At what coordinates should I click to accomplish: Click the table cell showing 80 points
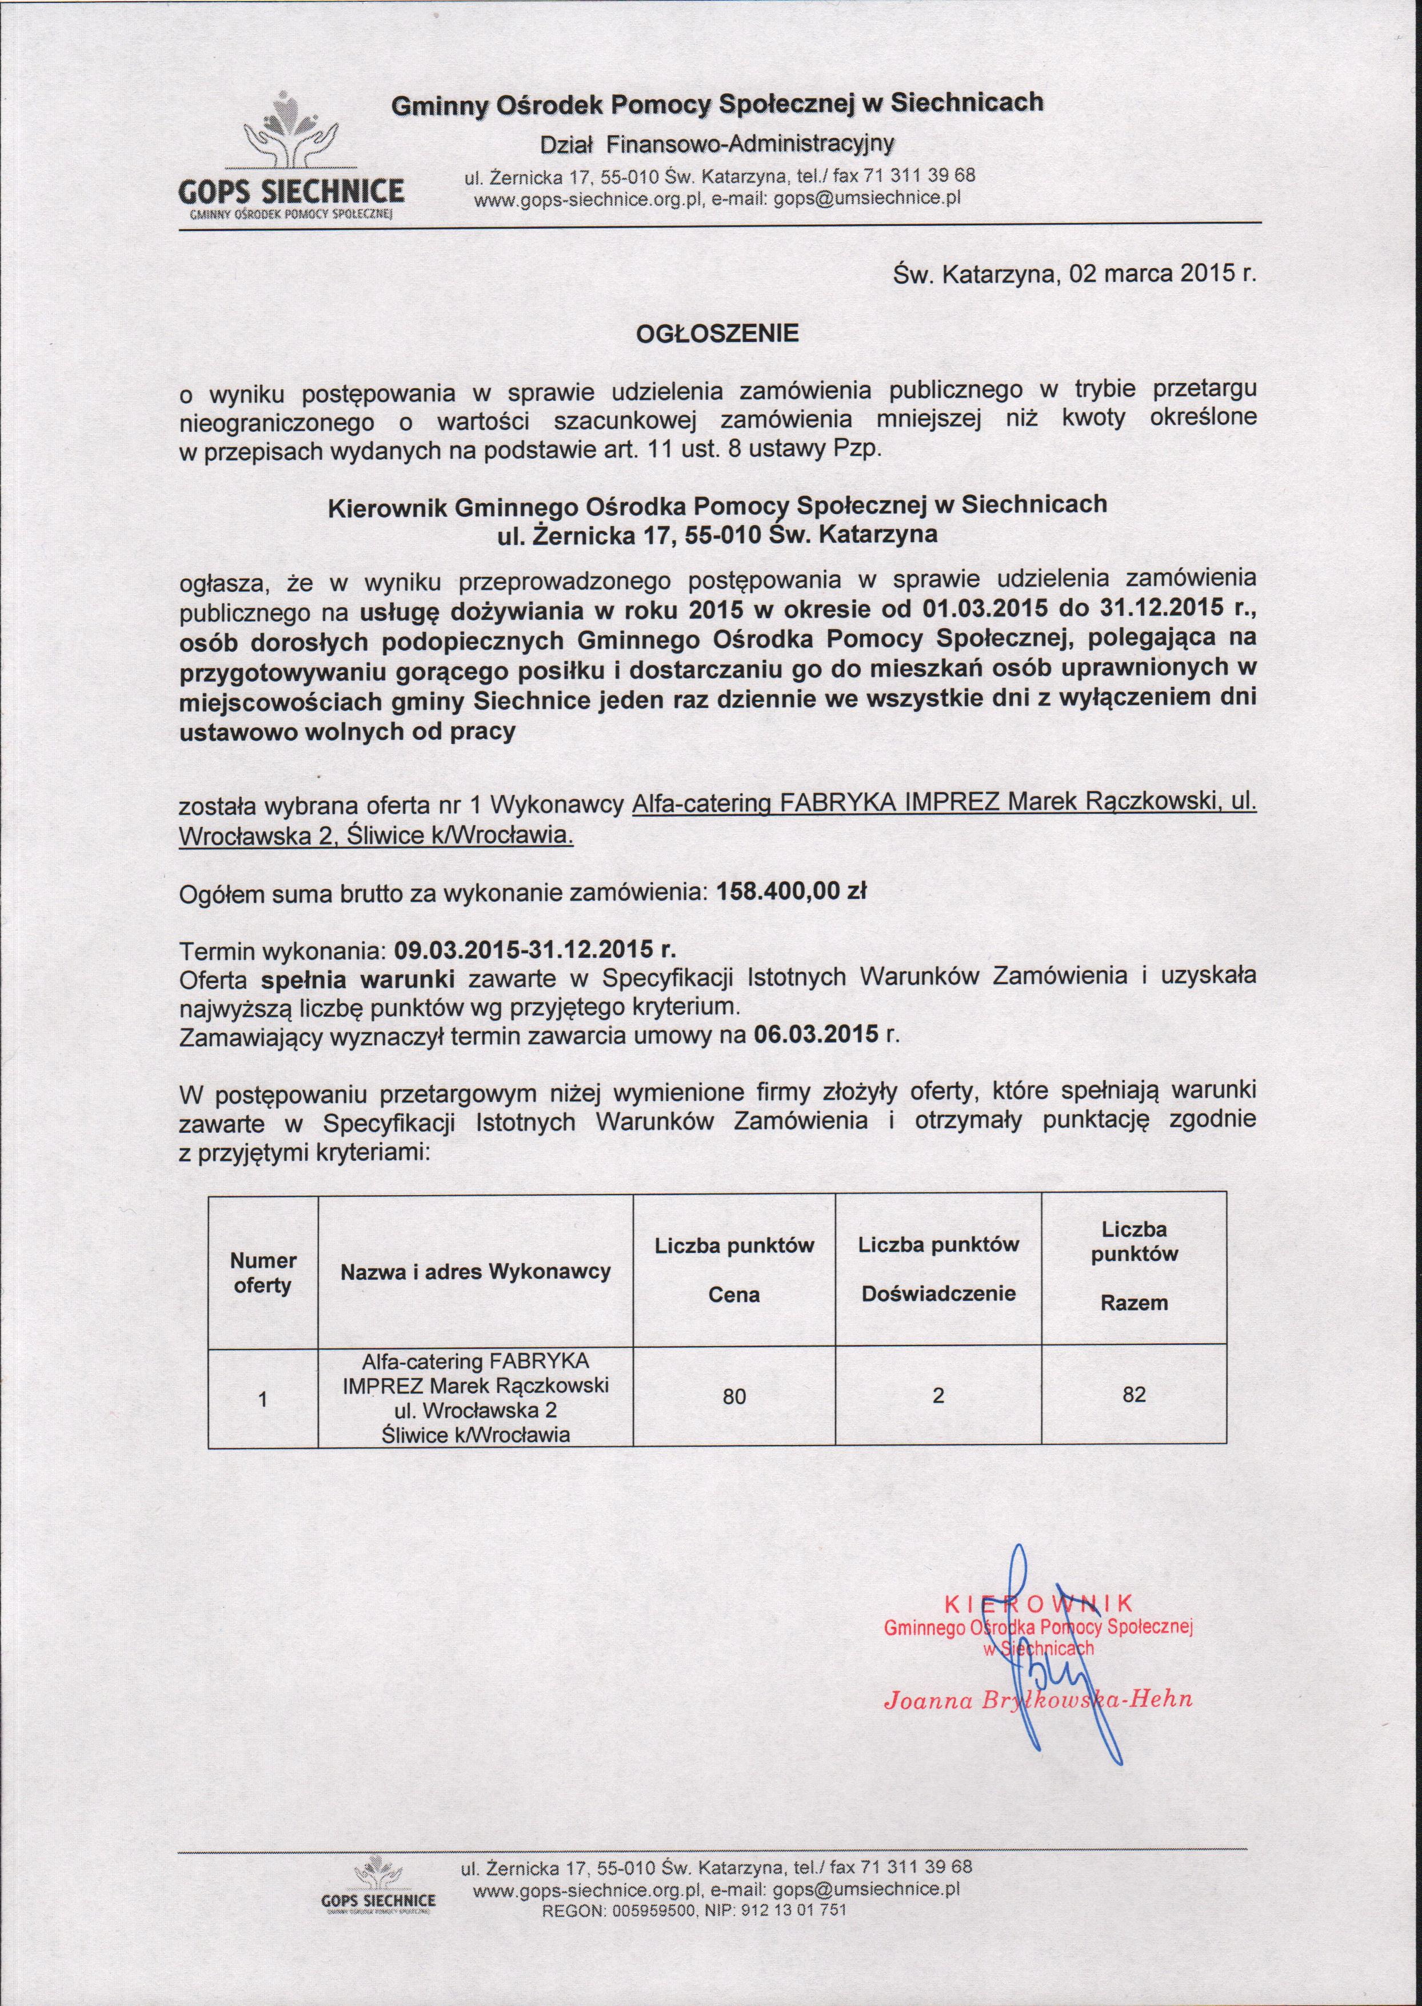[x=734, y=1396]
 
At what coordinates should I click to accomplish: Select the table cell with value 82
[x=1134, y=1395]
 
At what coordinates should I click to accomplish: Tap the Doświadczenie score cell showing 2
[x=938, y=1395]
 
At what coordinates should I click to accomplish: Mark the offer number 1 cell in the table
[x=263, y=1399]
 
